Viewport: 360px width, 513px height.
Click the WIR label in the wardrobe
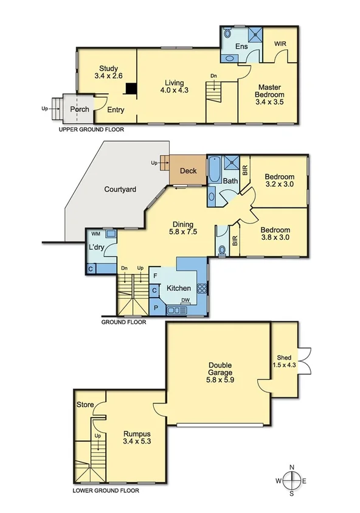(x=280, y=44)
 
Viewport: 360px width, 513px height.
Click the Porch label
(x=80, y=110)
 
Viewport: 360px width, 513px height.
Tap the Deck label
(x=188, y=170)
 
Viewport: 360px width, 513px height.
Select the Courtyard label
(x=120, y=189)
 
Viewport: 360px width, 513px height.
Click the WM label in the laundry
(x=95, y=234)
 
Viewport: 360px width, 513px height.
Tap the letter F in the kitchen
(x=155, y=276)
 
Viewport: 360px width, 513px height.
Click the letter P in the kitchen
(x=155, y=308)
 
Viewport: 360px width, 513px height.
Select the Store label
(x=85, y=404)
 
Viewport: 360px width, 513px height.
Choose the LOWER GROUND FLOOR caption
(x=105, y=490)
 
